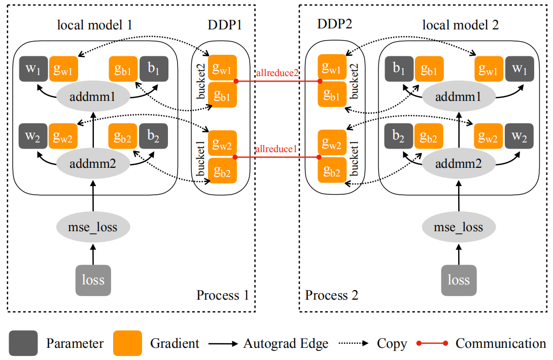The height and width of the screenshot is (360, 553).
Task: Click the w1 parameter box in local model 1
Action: tap(33, 69)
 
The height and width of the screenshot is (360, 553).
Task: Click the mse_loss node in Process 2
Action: tap(459, 227)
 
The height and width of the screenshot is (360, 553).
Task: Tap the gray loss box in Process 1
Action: tap(93, 279)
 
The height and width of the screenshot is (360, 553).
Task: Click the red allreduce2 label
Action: tap(276, 73)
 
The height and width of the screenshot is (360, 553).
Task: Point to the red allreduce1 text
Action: tap(276, 149)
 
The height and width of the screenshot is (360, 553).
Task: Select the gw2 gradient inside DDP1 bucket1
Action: tap(222, 146)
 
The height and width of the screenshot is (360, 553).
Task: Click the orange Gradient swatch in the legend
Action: tap(128, 344)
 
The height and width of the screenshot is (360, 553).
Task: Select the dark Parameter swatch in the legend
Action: tap(23, 344)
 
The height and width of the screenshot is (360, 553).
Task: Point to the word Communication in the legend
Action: tap(500, 344)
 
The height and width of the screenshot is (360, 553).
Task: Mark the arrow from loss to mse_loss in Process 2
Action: tap(459, 252)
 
